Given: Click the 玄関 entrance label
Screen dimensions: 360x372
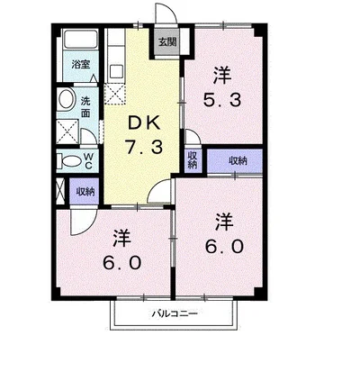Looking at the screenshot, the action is [167, 42].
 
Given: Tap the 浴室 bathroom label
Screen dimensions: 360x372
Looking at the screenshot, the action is [81, 64].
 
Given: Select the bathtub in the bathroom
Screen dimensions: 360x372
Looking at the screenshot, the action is [81, 40].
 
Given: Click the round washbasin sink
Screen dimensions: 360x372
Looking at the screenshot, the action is [67, 99].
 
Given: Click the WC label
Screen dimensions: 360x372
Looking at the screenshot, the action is [88, 161].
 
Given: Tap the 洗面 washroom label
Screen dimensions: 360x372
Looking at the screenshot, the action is [85, 107].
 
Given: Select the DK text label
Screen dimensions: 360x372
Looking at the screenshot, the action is [144, 123].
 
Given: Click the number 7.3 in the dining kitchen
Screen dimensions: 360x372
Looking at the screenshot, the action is [144, 148].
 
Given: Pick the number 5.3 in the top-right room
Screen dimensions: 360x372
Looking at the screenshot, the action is [222, 100].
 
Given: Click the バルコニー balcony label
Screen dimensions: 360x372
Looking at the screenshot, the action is [175, 314].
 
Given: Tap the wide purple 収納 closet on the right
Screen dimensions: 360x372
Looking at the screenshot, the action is [235, 161].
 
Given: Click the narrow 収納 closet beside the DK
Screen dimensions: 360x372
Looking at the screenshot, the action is [193, 160].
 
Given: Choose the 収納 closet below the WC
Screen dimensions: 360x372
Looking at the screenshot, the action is [85, 191].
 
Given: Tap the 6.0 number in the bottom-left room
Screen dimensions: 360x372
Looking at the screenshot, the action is [121, 263].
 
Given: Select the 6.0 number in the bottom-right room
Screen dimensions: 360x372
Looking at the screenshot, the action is [224, 247].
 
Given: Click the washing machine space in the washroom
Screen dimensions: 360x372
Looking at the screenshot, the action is [67, 132].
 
